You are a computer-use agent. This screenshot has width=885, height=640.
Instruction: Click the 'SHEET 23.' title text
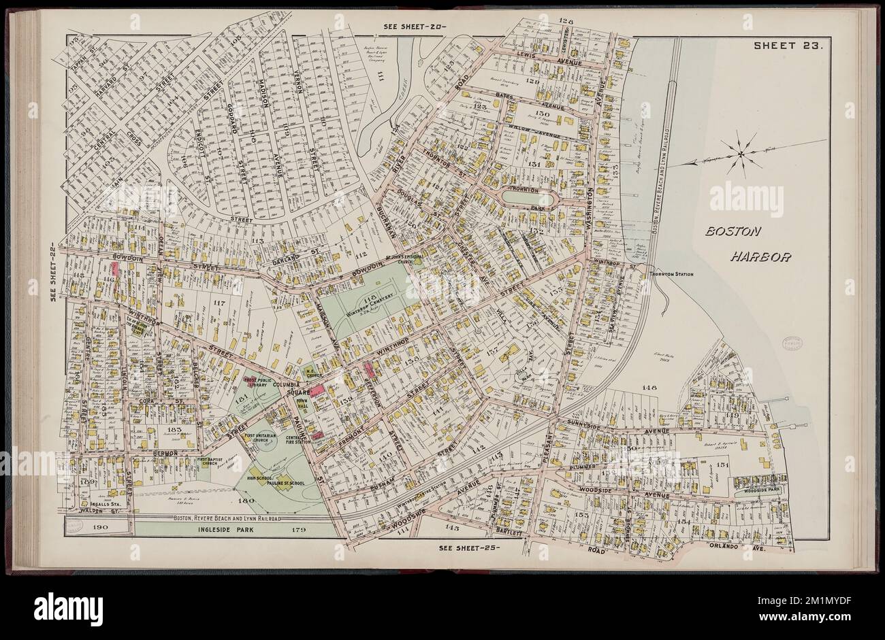pyautogui.click(x=788, y=46)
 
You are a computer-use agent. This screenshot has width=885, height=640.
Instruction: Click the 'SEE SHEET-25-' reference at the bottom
pyautogui.click(x=469, y=547)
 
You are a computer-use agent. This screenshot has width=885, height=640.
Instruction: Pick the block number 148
pyautogui.click(x=648, y=388)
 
